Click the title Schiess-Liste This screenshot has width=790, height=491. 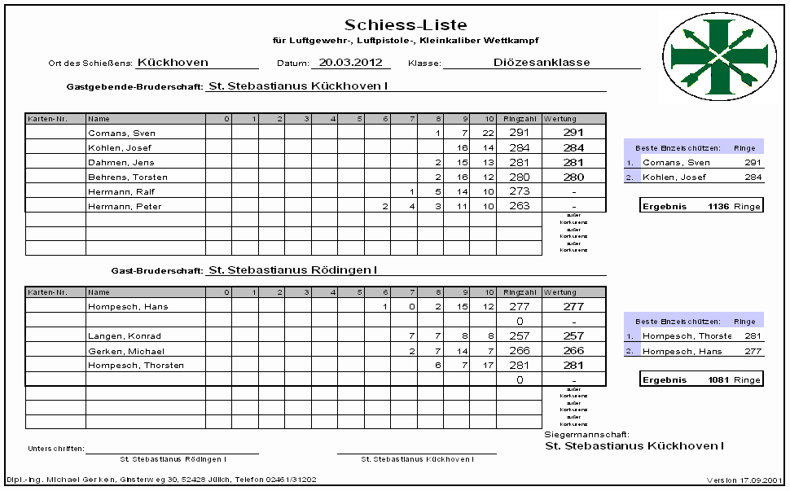click(x=406, y=25)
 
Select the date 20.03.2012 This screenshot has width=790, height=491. click(x=350, y=62)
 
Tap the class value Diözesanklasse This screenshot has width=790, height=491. click(x=542, y=62)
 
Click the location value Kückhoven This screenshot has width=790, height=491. click(x=173, y=62)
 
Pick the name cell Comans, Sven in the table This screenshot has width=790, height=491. click(x=121, y=133)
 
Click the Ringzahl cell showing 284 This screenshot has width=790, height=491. click(x=518, y=147)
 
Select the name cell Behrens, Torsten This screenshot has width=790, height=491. click(x=128, y=177)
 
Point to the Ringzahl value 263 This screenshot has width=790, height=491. click(x=518, y=206)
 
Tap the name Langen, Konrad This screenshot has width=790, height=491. click(x=125, y=336)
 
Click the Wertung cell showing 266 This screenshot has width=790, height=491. click(x=573, y=351)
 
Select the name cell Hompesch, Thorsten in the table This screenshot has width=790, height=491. click(x=136, y=366)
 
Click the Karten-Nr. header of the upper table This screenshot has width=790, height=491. click(x=42, y=120)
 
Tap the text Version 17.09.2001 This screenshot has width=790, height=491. click(x=744, y=480)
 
